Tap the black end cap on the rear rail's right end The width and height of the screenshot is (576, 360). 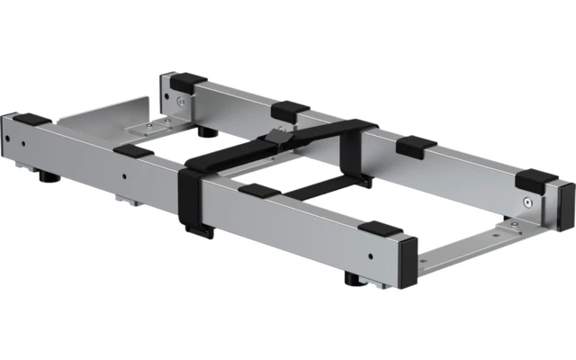(x=566, y=204)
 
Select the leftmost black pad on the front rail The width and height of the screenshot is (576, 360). (x=32, y=119)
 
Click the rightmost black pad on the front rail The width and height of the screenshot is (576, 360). (x=382, y=229)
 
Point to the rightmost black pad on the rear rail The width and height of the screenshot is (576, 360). (x=535, y=178)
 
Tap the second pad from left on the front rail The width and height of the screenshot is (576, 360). (x=134, y=151)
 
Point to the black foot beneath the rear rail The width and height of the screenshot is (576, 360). (x=208, y=131)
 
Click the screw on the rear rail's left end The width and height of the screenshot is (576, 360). (x=180, y=102)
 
